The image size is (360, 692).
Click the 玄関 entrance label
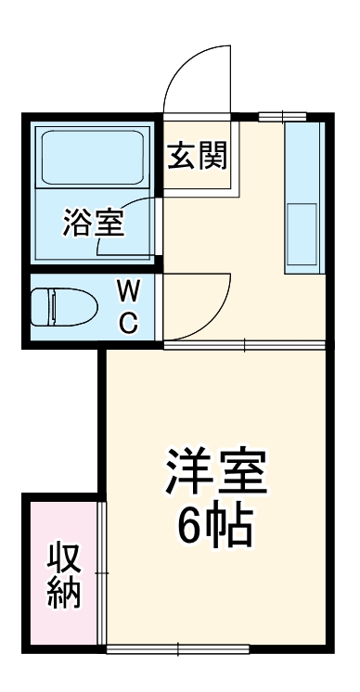[x=198, y=157]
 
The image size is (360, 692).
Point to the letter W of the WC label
[x=129, y=291]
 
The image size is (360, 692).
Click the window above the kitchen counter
[x=282, y=115]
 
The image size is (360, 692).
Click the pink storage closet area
[x=61, y=575]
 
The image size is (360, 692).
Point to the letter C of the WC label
[x=129, y=324]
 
